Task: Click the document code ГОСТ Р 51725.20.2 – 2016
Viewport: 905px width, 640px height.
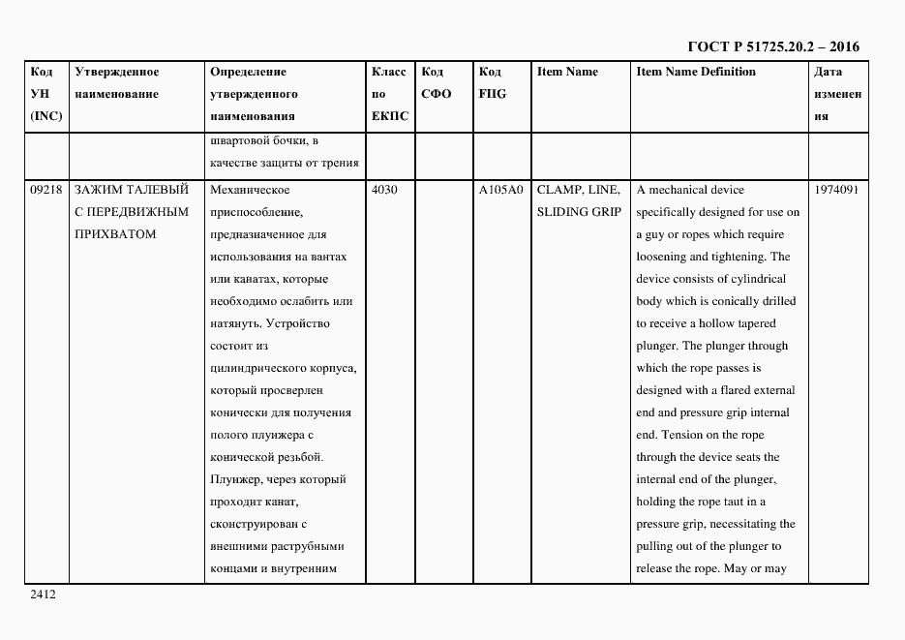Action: [x=772, y=46]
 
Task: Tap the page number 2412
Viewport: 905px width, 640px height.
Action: [x=43, y=595]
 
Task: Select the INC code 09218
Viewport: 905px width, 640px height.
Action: [x=46, y=190]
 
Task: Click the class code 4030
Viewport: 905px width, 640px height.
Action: [x=384, y=190]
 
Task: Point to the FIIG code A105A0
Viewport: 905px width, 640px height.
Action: [x=500, y=190]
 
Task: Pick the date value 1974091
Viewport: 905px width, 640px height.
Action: [x=838, y=190]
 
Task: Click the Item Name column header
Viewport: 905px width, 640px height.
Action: [x=567, y=72]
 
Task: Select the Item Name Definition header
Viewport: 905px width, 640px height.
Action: [x=696, y=72]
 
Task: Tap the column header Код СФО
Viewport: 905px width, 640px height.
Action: [x=437, y=83]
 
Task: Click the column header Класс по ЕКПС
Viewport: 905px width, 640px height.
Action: [x=390, y=94]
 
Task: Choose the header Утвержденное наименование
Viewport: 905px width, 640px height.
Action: [x=116, y=83]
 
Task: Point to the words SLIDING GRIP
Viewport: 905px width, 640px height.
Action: [x=578, y=212]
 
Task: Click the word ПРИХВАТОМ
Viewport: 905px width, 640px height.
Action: [x=114, y=234]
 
